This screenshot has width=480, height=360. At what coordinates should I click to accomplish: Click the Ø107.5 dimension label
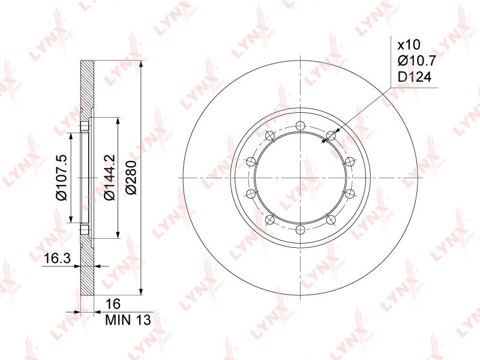click(x=62, y=178)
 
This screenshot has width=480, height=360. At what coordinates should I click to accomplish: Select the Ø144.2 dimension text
click(x=110, y=177)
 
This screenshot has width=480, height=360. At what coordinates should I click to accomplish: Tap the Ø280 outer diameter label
click(x=131, y=177)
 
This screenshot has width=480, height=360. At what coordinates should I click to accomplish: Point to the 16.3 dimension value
click(x=57, y=259)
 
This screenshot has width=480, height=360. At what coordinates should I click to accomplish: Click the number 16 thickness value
click(x=113, y=304)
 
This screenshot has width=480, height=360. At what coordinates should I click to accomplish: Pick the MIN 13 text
click(x=128, y=320)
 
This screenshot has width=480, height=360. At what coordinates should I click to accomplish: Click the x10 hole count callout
click(x=409, y=45)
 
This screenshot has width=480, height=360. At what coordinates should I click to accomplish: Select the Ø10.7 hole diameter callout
click(x=416, y=61)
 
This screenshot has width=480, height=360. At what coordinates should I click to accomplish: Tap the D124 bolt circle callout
click(x=415, y=77)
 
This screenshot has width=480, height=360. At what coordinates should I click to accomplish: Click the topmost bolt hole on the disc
click(x=301, y=126)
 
